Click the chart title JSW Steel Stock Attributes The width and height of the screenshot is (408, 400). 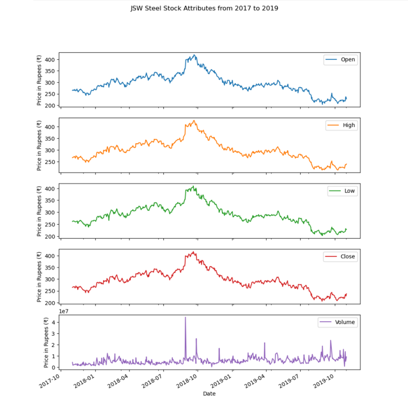click(204, 8)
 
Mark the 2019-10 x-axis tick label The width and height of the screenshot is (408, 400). click(324, 382)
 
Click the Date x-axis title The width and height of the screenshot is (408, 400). click(209, 393)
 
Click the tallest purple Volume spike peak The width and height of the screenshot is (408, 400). click(185, 317)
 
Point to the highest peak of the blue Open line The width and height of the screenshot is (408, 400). click(194, 55)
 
